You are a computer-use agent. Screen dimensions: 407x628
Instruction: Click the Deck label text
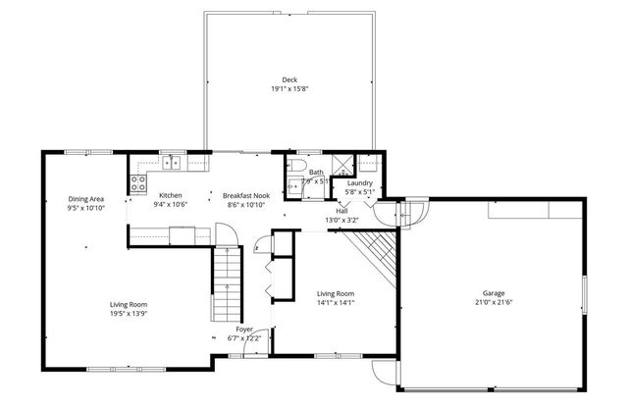pyautogui.click(x=289, y=80)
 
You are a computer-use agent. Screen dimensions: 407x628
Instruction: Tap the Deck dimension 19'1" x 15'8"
pyautogui.click(x=289, y=89)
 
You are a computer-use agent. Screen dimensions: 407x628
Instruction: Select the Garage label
pyautogui.click(x=494, y=292)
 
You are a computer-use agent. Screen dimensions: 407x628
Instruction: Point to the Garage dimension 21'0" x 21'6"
pyautogui.click(x=494, y=302)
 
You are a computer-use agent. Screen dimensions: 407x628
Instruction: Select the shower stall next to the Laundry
pyautogui.click(x=344, y=164)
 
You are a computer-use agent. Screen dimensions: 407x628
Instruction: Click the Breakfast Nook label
pyautogui.click(x=244, y=195)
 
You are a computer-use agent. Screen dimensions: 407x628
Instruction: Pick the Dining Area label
pyautogui.click(x=86, y=199)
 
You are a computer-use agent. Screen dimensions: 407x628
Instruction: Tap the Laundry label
pyautogui.click(x=359, y=182)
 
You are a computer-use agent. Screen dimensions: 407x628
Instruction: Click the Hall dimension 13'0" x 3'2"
pyautogui.click(x=341, y=220)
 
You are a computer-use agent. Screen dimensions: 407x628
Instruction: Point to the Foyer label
pyautogui.click(x=244, y=330)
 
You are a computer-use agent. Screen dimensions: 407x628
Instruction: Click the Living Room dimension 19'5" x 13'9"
pyautogui.click(x=129, y=314)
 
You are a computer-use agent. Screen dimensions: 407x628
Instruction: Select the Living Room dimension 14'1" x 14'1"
pyautogui.click(x=335, y=303)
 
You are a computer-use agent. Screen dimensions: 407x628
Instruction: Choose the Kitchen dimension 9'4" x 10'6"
pyautogui.click(x=170, y=205)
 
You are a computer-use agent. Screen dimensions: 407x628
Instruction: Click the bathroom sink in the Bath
pyautogui.click(x=292, y=186)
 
